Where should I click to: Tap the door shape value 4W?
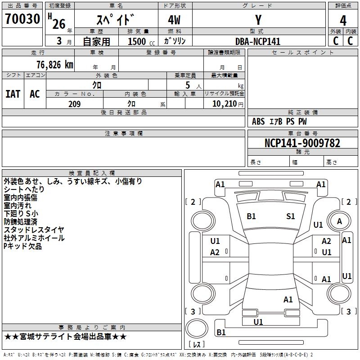pyautogui.click(x=175, y=20)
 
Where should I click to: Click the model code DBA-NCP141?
pyautogui.click(x=258, y=41)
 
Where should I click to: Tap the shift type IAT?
pyautogui.click(x=13, y=94)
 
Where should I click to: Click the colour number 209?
pyautogui.click(x=74, y=104)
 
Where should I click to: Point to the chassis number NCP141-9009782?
pyautogui.click(x=302, y=144)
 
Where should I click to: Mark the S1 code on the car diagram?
pyautogui.click(x=291, y=216)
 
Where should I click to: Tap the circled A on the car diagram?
pyautogui.click(x=339, y=221)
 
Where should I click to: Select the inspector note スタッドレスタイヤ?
pyautogui.click(x=34, y=230)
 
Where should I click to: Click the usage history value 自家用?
pyautogui.click(x=96, y=41)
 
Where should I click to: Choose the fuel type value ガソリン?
pyautogui.click(x=175, y=41)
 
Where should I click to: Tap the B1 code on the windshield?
pyautogui.click(x=251, y=216)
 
